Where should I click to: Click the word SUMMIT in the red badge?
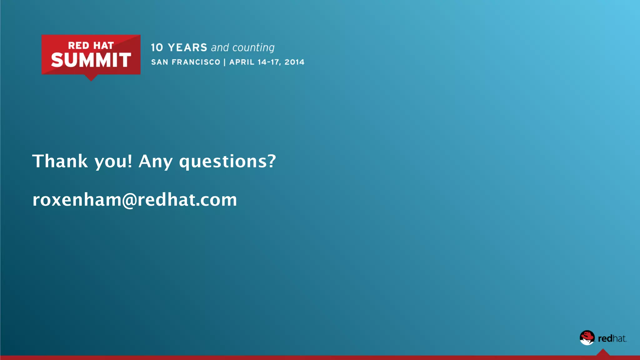[x=91, y=60]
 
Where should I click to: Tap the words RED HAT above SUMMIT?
[x=91, y=46]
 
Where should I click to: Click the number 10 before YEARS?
[x=157, y=47]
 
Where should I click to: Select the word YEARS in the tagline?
[x=187, y=47]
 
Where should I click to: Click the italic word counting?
[x=253, y=48]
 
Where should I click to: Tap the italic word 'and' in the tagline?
[x=220, y=47]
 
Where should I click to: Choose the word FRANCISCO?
[x=196, y=62]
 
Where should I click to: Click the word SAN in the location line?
[x=160, y=62]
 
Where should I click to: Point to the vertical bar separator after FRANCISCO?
[x=225, y=62]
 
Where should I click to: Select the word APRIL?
[x=242, y=62]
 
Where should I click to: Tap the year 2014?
[x=294, y=62]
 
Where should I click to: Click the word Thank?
[x=60, y=161]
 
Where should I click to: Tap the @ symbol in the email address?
[x=129, y=200]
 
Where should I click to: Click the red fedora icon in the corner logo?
[x=587, y=337]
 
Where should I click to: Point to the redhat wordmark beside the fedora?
[x=612, y=338]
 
